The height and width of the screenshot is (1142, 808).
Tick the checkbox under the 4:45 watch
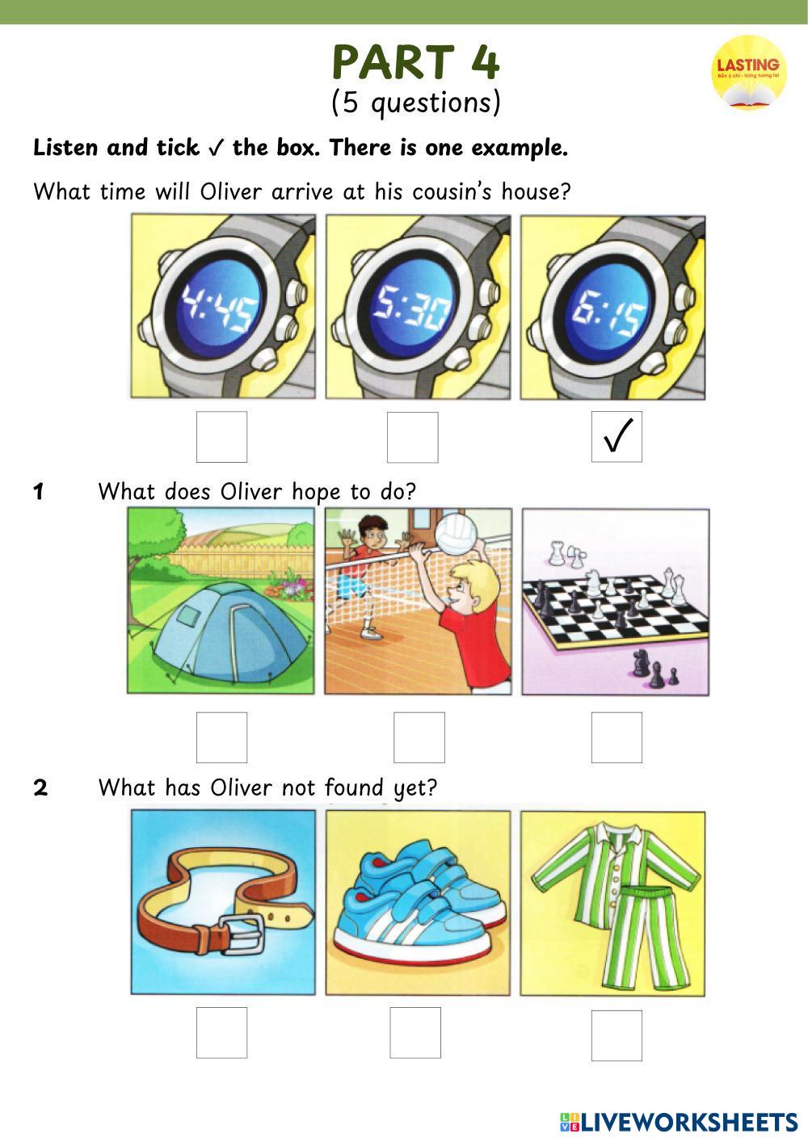222,437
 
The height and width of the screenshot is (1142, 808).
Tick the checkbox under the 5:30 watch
412,437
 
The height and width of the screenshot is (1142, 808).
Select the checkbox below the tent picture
222,737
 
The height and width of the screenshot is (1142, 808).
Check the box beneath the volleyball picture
419,737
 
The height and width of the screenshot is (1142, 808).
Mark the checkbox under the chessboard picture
617,737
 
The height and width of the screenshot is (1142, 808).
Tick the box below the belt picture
222,1032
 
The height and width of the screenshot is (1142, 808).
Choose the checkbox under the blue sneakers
415,1032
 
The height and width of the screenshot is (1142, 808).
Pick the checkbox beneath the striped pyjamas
617,1035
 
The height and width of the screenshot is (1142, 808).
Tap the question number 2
40,787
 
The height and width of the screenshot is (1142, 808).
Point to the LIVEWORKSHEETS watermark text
688,1122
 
